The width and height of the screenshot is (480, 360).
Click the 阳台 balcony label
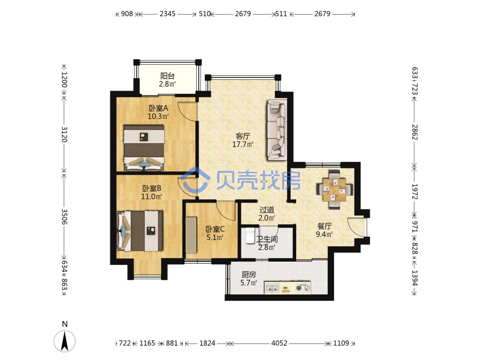168,76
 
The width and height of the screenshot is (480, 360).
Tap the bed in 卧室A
144,147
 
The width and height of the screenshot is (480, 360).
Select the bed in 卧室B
140,230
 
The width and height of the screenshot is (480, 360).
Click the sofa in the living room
277,130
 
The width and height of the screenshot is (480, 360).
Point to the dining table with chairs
334,190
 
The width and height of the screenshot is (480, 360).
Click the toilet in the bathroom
250,236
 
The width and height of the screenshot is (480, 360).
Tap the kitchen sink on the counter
272,288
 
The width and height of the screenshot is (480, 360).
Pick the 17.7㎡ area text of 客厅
243,144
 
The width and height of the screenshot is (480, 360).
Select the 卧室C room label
215,229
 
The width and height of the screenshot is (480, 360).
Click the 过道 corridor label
266,210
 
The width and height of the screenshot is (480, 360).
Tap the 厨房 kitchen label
249,275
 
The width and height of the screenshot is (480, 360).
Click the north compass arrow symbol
65,341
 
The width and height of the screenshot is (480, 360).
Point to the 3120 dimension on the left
64,134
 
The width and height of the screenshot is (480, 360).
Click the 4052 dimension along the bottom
279,343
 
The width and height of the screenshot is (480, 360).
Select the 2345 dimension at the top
168,14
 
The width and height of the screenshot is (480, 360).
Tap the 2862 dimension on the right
415,132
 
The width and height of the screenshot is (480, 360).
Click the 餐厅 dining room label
324,226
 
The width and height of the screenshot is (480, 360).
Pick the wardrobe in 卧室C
191,235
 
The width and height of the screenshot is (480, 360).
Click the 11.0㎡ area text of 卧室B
152,196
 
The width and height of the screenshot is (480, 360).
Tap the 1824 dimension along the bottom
207,343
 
